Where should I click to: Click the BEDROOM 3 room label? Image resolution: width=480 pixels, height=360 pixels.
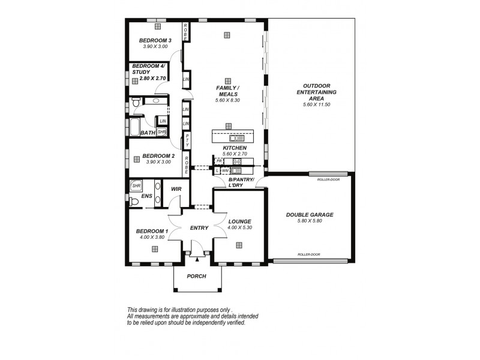pos(155,41)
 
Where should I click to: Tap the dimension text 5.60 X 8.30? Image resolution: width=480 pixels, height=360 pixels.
pos(227,101)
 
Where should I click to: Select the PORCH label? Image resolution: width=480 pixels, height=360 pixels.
pos(196,277)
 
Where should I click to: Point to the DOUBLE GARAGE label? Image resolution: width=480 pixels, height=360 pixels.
pos(310,215)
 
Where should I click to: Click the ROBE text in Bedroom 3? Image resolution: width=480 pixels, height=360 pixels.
pos(187,32)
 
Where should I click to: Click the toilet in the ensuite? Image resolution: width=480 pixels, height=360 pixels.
pos(134,203)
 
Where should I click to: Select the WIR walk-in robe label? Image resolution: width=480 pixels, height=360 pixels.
pos(176,189)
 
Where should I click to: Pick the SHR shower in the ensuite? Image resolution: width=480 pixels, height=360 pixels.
pos(136,186)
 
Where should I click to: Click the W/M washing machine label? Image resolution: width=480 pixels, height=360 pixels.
pos(225,171)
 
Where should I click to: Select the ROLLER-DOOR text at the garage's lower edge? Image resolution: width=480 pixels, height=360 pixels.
pos(309,255)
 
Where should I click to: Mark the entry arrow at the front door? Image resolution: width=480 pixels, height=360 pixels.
pos(196,255)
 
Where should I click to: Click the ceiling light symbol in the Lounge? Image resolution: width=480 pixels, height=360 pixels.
pos(239,245)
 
